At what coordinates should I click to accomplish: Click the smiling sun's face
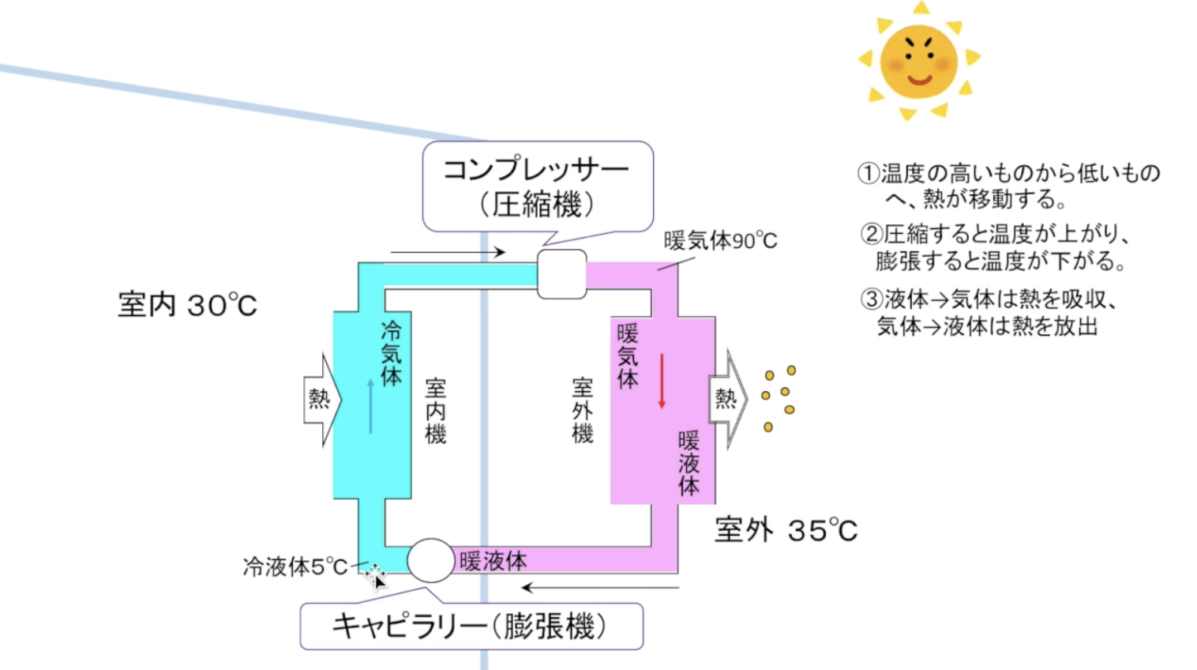pyautogui.click(x=918, y=62)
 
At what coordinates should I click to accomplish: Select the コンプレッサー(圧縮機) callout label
pyautogui.click(x=537, y=186)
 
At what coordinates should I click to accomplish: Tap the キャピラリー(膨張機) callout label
pyautogui.click(x=471, y=627)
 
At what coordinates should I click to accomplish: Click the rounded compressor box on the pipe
pyautogui.click(x=561, y=274)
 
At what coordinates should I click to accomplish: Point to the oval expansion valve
pyautogui.click(x=430, y=560)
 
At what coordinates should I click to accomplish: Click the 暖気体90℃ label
pyautogui.click(x=720, y=241)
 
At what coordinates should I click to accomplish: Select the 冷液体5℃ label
pyautogui.click(x=295, y=566)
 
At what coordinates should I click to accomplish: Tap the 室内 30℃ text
pyautogui.click(x=187, y=305)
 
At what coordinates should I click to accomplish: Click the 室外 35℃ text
pyautogui.click(x=786, y=530)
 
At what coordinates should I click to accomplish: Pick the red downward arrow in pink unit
pyautogui.click(x=662, y=381)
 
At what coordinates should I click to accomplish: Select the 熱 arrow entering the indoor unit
pyautogui.click(x=321, y=399)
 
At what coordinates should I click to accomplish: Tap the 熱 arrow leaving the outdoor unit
pyautogui.click(x=727, y=399)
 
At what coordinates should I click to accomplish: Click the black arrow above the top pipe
pyautogui.click(x=448, y=252)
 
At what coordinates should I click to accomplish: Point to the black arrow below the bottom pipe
pyautogui.click(x=600, y=588)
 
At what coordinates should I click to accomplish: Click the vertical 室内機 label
pyautogui.click(x=435, y=411)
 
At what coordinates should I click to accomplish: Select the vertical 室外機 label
pyautogui.click(x=582, y=411)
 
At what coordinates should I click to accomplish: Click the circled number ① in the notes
pyautogui.click(x=869, y=173)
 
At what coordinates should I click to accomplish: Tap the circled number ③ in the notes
pyautogui.click(x=871, y=299)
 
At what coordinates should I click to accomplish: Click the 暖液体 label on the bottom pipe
pyautogui.click(x=493, y=561)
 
